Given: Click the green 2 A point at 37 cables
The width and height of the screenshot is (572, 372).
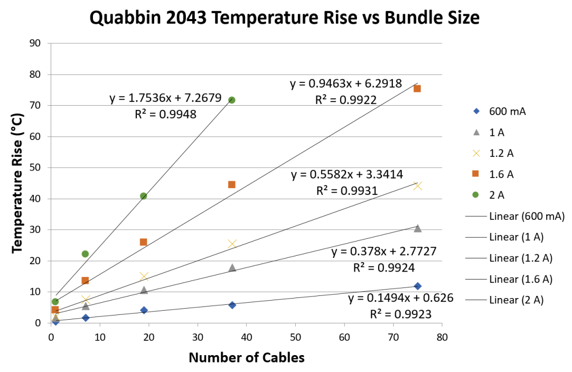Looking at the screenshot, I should tap(231, 100).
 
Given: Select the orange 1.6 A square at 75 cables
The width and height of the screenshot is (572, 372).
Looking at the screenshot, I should tap(417, 89).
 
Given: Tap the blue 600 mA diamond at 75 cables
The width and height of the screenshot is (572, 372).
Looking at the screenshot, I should tap(418, 286).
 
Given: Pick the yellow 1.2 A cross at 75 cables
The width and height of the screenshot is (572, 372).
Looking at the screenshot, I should tap(418, 185).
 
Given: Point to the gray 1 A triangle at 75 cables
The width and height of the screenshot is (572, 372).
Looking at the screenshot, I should tap(418, 228).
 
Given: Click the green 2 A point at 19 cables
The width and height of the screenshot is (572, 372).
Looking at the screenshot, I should tap(143, 196).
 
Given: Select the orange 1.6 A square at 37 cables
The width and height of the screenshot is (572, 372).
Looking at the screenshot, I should tap(231, 184).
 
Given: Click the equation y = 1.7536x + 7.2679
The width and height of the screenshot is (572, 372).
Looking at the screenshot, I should tap(165, 98).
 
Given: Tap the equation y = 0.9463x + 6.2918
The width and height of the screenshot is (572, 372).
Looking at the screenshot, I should tap(346, 84).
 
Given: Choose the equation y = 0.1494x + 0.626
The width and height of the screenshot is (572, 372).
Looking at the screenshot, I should tap(401, 299).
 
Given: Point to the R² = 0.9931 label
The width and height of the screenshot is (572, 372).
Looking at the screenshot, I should tap(346, 191).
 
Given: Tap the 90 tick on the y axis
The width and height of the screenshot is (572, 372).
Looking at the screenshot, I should tap(35, 43).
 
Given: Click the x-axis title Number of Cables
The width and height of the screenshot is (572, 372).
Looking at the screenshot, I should tap(247, 358).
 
